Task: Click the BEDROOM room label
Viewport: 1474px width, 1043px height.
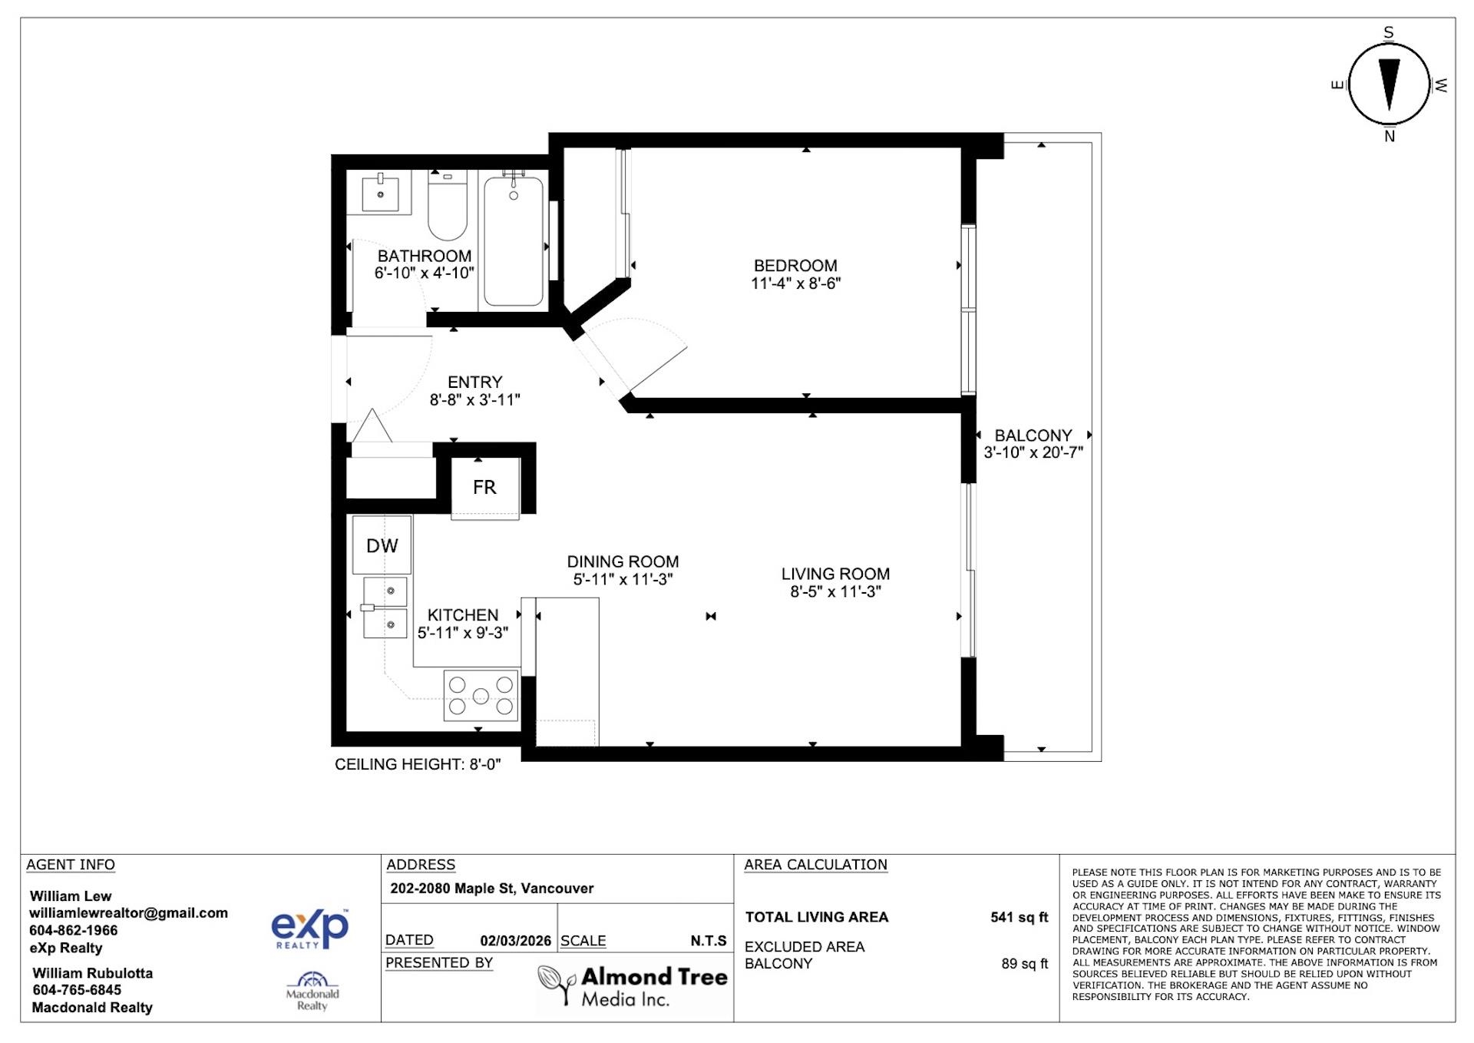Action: (x=795, y=266)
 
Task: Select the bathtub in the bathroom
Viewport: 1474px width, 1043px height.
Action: (x=513, y=240)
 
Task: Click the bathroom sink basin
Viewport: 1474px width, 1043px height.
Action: (x=380, y=193)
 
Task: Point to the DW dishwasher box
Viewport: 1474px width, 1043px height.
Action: (x=382, y=545)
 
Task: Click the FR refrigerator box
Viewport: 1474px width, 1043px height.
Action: (x=484, y=487)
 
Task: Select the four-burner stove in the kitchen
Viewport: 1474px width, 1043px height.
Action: (x=481, y=695)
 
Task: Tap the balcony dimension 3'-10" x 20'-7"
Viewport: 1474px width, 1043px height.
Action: (x=1033, y=452)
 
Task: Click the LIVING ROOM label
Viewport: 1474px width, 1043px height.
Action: (x=835, y=574)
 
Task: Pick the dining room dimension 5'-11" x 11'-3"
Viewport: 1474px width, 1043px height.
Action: (x=623, y=580)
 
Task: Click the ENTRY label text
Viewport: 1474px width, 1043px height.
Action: (x=474, y=382)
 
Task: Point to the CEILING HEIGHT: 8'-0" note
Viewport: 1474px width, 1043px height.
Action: (x=418, y=764)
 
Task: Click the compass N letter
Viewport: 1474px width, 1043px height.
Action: (x=1389, y=137)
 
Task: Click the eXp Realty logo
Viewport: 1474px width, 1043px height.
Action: (x=309, y=928)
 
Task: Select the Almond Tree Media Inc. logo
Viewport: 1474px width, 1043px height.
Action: (x=633, y=986)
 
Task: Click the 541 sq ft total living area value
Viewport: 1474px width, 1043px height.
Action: (x=1019, y=917)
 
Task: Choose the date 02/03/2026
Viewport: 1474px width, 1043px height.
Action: (x=515, y=941)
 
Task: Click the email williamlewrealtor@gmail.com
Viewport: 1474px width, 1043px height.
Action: (x=128, y=913)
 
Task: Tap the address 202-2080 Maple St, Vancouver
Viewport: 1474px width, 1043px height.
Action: (x=491, y=889)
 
